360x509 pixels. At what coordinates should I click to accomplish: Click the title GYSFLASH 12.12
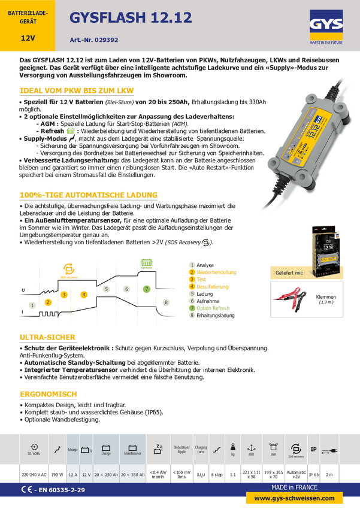point(131,19)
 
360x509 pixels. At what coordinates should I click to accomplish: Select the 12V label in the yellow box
point(28,38)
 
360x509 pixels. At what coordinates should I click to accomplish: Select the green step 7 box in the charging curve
point(147,289)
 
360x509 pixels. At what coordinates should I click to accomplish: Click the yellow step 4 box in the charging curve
point(84,294)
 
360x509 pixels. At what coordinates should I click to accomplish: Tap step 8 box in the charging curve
point(166,303)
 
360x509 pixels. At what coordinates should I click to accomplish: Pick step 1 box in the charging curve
point(32,305)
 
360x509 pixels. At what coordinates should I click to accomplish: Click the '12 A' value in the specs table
point(72,474)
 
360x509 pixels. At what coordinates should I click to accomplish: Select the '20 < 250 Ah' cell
point(106,474)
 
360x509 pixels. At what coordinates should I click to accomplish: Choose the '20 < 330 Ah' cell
point(133,474)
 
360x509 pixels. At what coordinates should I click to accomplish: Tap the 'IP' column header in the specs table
point(313,449)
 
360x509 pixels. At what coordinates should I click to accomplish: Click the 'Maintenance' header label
point(133,454)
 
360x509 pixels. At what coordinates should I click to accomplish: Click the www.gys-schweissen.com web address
point(294,498)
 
